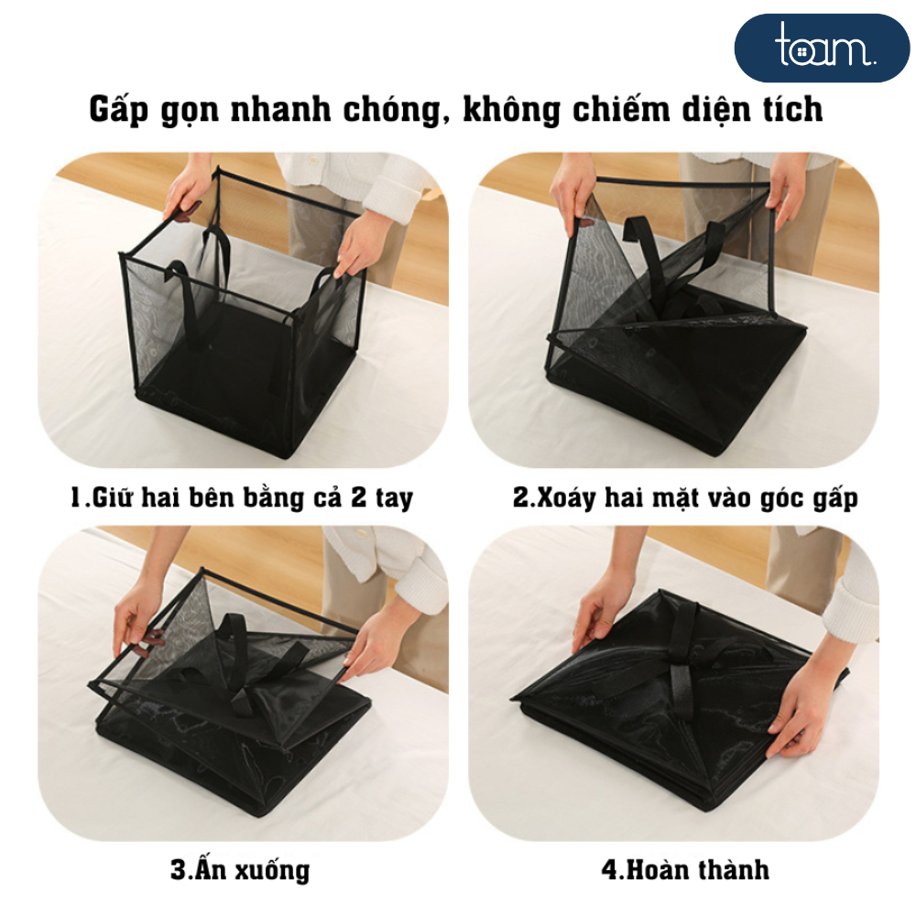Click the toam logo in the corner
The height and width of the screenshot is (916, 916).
[x=822, y=48]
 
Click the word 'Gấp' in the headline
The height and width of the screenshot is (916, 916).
[x=119, y=109]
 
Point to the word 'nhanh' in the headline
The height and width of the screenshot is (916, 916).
[x=279, y=109]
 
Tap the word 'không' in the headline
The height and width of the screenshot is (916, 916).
[x=510, y=110]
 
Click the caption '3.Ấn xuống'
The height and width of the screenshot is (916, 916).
[x=240, y=868]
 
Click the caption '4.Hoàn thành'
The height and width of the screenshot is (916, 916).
[x=685, y=869]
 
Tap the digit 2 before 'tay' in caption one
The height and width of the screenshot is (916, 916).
[x=358, y=496]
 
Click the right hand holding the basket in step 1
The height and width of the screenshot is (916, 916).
[x=360, y=243]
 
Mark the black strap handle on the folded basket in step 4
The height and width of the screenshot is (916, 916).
[x=683, y=660]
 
